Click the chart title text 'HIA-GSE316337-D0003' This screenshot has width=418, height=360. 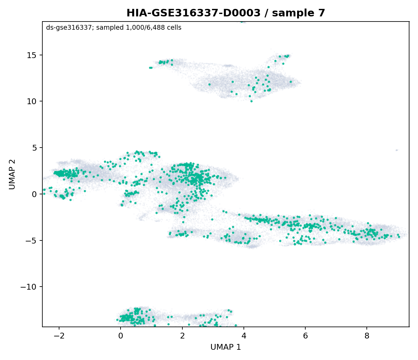click(x=194, y=13)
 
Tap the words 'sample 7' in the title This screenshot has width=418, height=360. click(x=298, y=13)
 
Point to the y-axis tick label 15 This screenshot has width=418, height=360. click(x=32, y=55)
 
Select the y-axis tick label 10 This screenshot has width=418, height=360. click(x=32, y=101)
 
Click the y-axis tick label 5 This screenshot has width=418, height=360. click(x=34, y=148)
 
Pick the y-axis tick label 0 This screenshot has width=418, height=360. click(x=34, y=194)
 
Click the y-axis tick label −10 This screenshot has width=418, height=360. click(x=29, y=287)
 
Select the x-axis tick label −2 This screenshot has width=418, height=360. click(x=59, y=336)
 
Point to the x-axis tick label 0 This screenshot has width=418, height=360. click(x=121, y=336)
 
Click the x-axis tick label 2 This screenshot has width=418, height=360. click(x=182, y=336)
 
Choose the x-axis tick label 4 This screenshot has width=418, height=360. click(x=244, y=336)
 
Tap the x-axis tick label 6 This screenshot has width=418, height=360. click(x=306, y=336)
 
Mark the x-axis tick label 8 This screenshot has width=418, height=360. click(x=367, y=336)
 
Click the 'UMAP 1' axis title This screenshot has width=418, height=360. click(x=226, y=347)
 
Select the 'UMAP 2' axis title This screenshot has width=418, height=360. click(x=12, y=174)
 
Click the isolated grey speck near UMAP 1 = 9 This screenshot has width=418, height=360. click(x=397, y=150)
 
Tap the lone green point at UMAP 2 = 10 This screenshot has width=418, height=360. click(x=252, y=101)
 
